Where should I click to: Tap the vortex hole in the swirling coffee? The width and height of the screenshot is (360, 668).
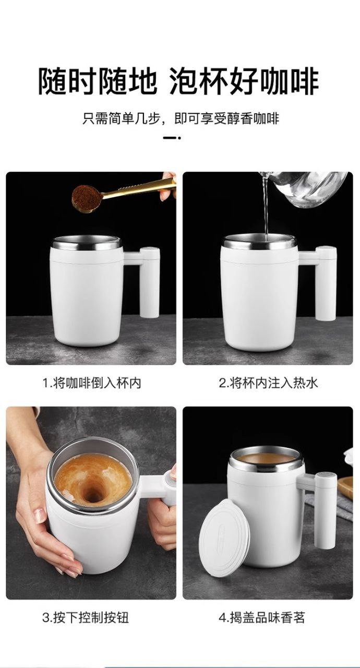click(x=93, y=497)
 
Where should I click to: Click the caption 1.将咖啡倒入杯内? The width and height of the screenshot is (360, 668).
click(x=92, y=383)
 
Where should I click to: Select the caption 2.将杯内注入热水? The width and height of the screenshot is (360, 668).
click(x=268, y=383)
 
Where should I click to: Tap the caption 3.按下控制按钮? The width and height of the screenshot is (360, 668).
click(x=86, y=617)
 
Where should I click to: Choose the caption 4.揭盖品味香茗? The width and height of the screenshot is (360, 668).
click(x=262, y=617)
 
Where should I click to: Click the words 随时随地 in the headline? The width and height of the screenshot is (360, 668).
click(x=98, y=81)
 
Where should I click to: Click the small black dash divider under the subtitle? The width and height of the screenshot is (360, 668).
click(x=172, y=138)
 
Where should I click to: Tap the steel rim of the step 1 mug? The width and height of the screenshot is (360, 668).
click(x=87, y=244)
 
